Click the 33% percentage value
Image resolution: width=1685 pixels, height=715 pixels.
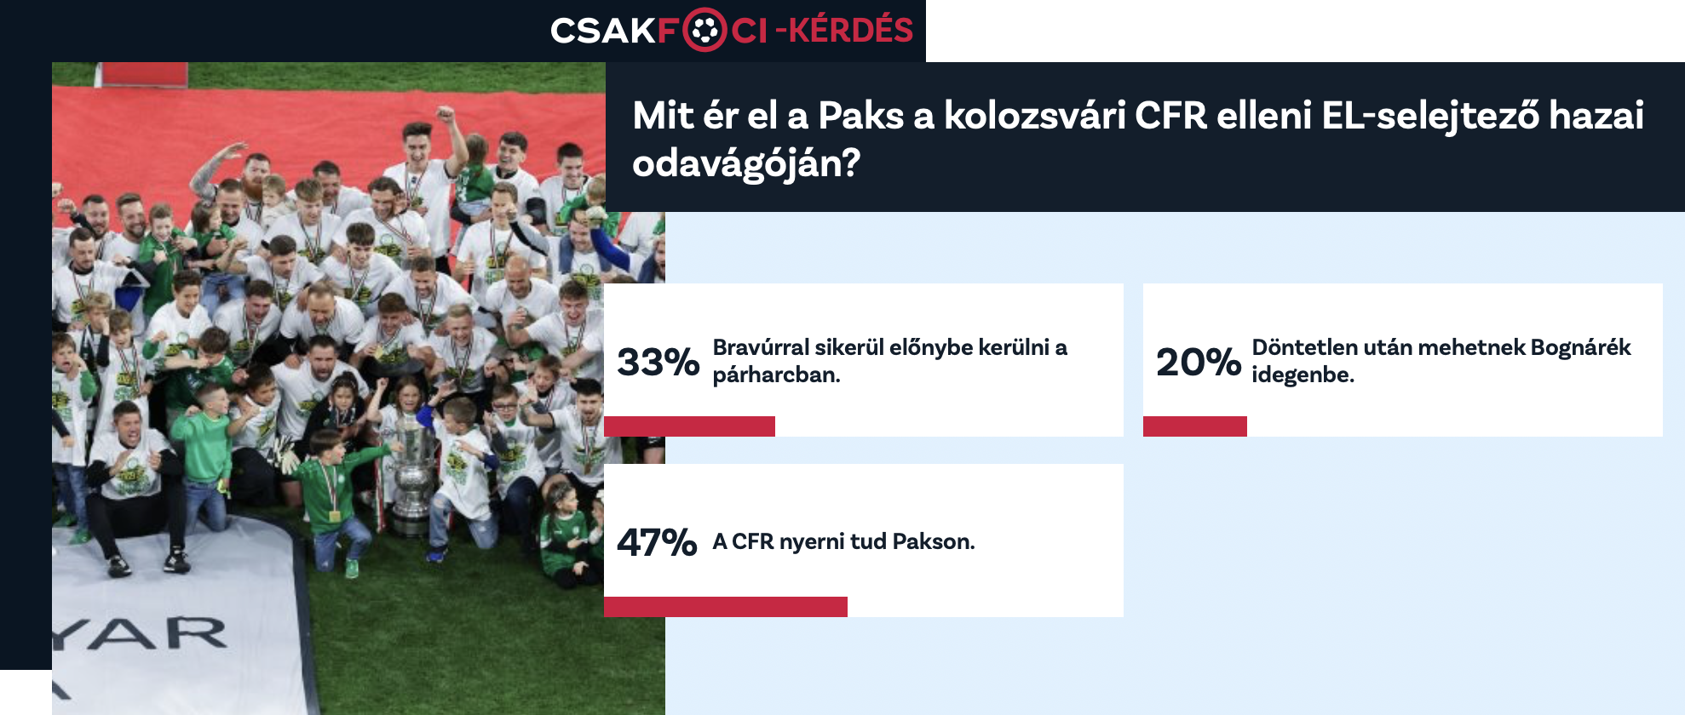coord(658,362)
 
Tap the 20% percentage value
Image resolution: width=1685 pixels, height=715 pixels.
coord(1198,362)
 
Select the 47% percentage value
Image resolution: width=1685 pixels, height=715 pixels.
coord(657,542)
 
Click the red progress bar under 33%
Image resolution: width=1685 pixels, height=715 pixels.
coord(689,426)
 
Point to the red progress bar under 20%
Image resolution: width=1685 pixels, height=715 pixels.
coord(1195,426)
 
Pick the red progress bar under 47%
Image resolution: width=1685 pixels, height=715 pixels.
coord(726,607)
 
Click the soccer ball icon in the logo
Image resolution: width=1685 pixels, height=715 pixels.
coord(704,31)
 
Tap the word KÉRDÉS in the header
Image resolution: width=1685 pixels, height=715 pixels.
coord(850,30)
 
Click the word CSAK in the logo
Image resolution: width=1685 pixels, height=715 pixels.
coord(602,31)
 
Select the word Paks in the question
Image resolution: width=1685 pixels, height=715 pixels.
coord(860,116)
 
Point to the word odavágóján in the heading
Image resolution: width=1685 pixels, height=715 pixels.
coord(746,163)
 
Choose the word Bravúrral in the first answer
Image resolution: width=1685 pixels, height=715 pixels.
coord(761,347)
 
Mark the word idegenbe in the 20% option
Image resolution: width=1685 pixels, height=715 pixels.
coord(1303,375)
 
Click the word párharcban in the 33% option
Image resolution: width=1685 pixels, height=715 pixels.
coord(776,375)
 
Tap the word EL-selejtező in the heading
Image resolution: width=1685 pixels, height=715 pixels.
coord(1430,117)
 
